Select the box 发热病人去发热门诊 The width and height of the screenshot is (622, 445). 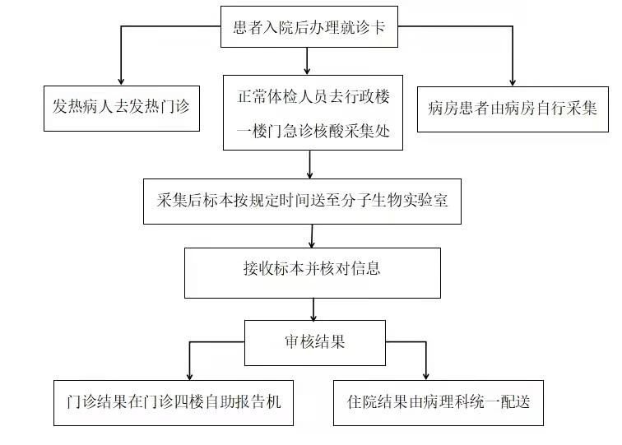(x=123, y=108)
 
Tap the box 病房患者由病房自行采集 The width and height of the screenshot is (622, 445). (x=513, y=108)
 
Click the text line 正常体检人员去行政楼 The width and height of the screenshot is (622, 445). (x=313, y=96)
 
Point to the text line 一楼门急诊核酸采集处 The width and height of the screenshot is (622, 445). (x=313, y=128)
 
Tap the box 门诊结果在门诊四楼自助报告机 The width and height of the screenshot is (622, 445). (x=174, y=402)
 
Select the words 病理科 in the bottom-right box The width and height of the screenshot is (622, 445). (x=451, y=402)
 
